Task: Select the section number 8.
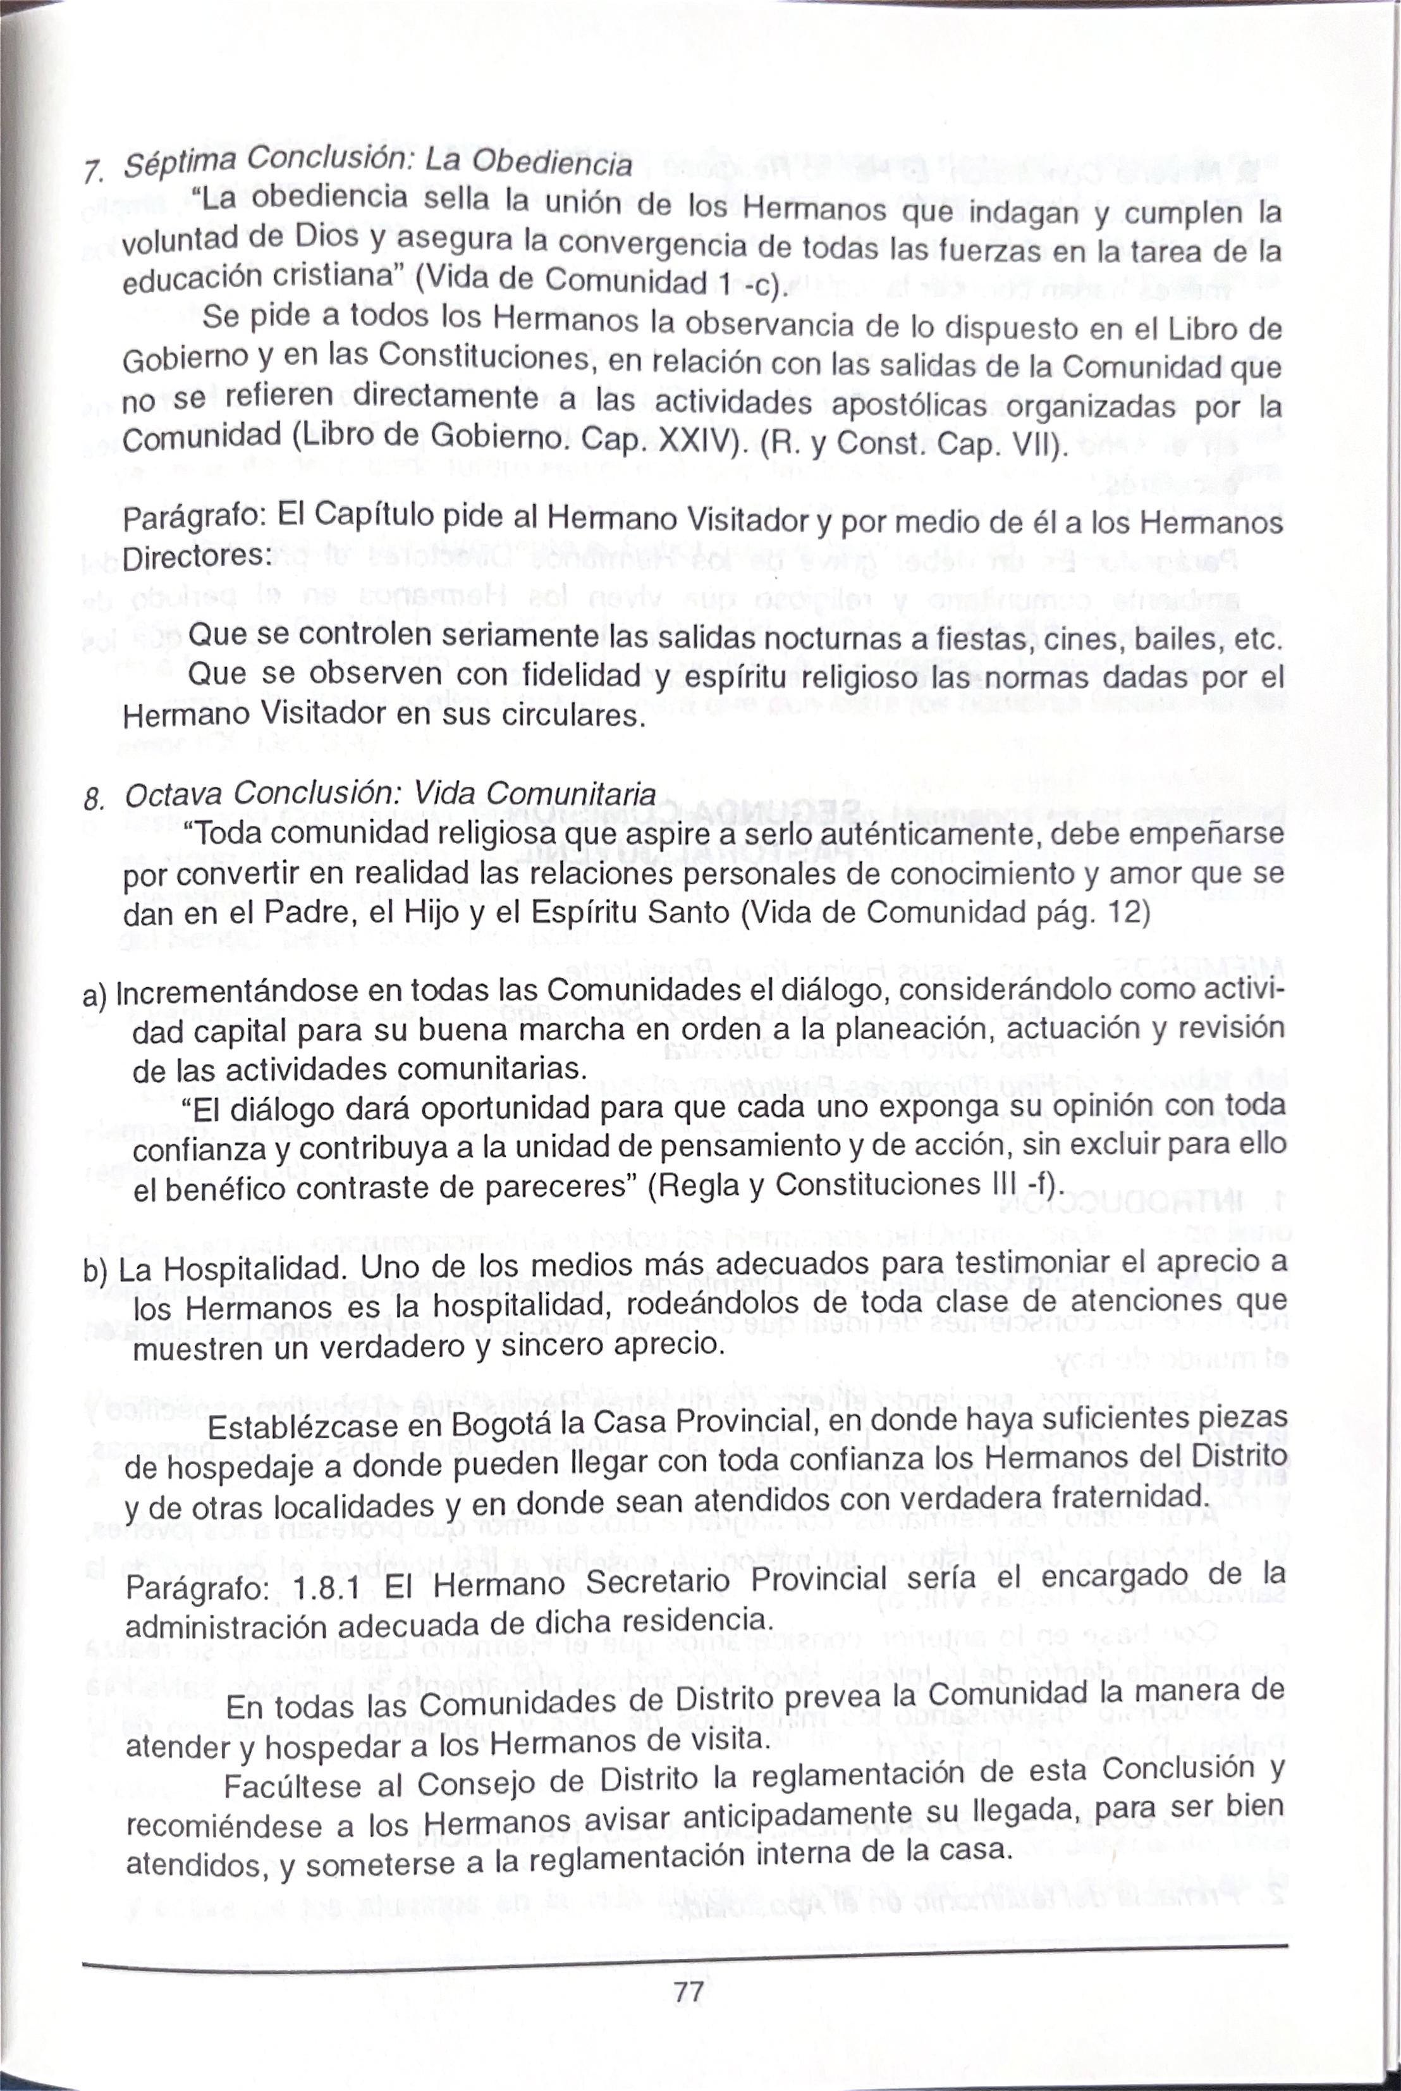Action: [93, 798]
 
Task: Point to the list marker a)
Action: [95, 994]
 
